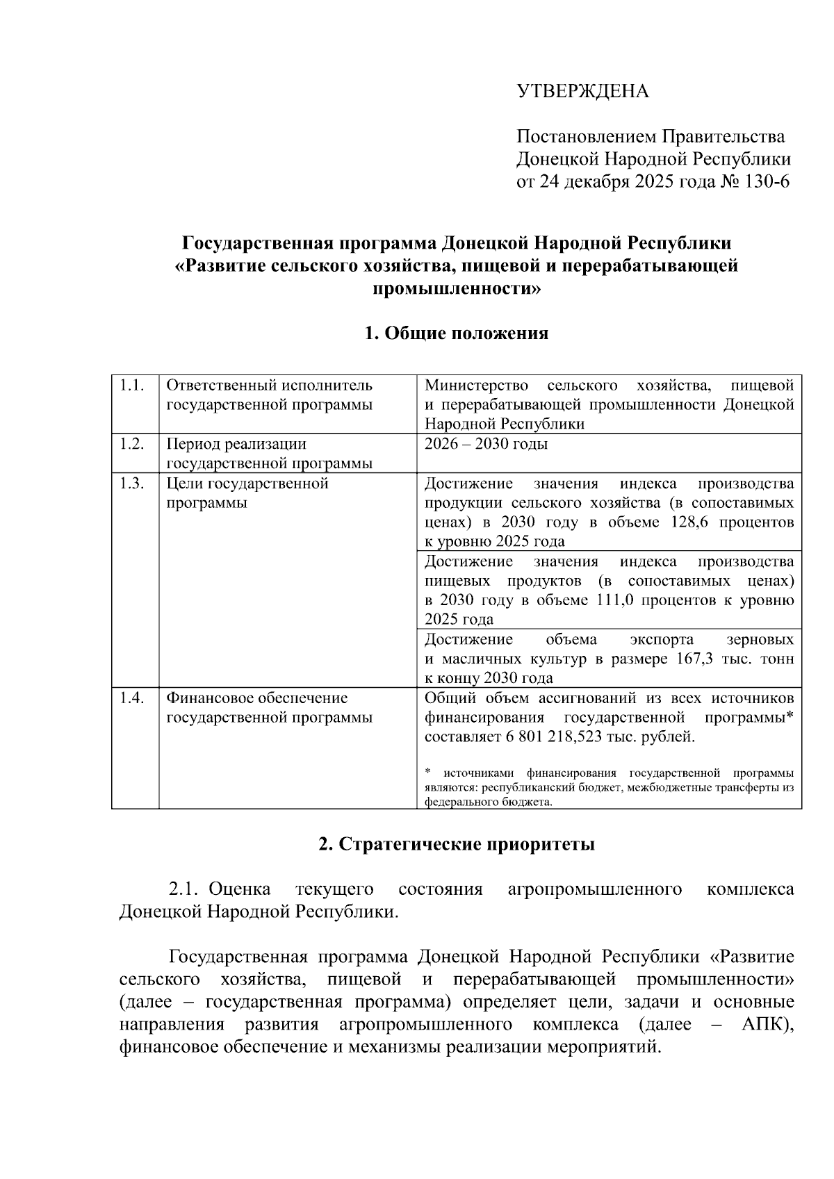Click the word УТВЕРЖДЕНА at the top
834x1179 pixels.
click(582, 92)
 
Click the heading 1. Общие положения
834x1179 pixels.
click(457, 333)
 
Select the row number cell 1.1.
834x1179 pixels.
click(131, 386)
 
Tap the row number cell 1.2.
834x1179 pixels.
click(131, 444)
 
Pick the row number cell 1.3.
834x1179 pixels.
click(131, 484)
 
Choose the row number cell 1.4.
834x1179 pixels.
click(131, 698)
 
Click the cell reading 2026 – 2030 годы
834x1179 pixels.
click(486, 444)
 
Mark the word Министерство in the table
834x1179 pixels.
click(476, 386)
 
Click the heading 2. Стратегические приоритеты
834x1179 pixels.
click(457, 845)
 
